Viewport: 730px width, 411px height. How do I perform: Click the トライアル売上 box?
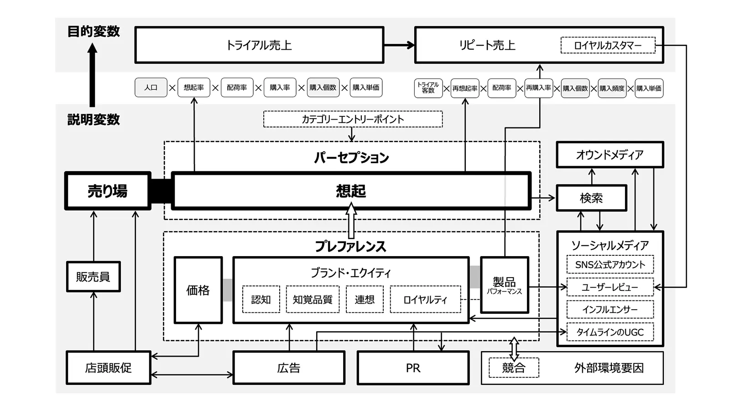[259, 45]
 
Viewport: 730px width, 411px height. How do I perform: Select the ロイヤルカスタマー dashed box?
[607, 45]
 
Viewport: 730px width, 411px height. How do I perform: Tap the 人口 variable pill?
[151, 88]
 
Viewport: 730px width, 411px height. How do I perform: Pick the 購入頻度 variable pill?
[612, 88]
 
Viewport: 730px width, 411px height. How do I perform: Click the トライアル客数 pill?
[428, 88]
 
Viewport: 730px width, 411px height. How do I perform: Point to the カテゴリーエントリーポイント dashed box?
[353, 119]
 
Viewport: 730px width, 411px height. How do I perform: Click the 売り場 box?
[108, 191]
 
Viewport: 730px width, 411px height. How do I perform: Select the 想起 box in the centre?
[351, 191]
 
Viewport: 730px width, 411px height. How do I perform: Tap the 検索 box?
[591, 198]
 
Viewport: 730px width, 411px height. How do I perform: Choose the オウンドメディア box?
[610, 155]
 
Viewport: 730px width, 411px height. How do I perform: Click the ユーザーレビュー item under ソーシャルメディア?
[610, 287]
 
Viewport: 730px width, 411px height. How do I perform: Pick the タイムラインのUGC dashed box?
[610, 332]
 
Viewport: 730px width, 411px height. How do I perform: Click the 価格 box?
[198, 290]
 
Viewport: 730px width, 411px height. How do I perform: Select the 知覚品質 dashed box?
[313, 300]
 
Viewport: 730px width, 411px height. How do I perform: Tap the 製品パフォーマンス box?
[504, 285]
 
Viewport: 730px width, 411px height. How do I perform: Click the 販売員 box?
[93, 277]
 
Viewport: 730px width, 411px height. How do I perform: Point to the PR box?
[413, 368]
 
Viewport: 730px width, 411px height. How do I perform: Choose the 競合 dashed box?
[514, 368]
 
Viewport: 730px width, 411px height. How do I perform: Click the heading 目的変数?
[94, 32]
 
